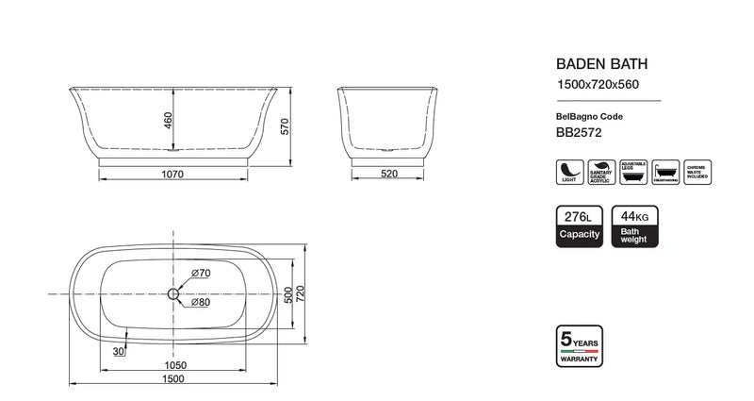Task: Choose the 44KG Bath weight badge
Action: click(x=633, y=226)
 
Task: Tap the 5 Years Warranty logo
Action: click(x=579, y=346)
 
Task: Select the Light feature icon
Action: click(x=568, y=172)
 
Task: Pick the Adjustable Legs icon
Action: click(x=632, y=172)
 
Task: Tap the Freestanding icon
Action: click(x=664, y=172)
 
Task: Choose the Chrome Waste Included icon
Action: click(x=697, y=172)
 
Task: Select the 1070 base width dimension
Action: click(x=171, y=174)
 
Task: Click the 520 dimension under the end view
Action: click(x=388, y=174)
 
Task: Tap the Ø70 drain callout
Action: click(x=200, y=274)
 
